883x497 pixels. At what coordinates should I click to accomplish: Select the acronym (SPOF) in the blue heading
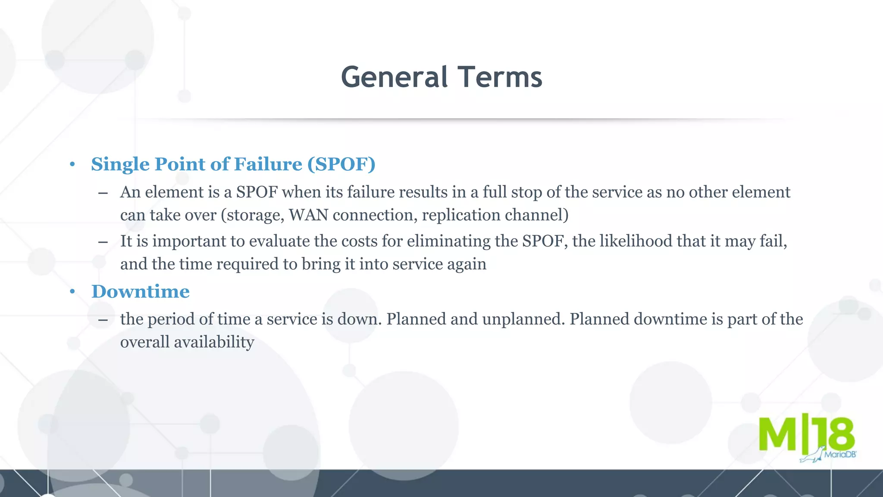click(x=341, y=164)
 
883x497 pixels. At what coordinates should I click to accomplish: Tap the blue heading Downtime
click(x=141, y=291)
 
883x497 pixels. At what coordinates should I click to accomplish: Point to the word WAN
click(x=308, y=215)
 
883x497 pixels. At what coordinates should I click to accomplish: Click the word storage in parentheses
click(x=253, y=215)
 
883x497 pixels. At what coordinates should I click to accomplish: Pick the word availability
click(x=214, y=342)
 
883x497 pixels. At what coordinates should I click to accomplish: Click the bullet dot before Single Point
click(x=72, y=164)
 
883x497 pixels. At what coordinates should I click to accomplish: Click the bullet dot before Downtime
click(x=72, y=292)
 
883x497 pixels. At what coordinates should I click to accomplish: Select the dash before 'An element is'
click(x=103, y=193)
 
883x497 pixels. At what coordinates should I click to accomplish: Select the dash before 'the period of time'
click(x=103, y=320)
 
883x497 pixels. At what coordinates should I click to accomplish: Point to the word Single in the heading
click(x=120, y=164)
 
